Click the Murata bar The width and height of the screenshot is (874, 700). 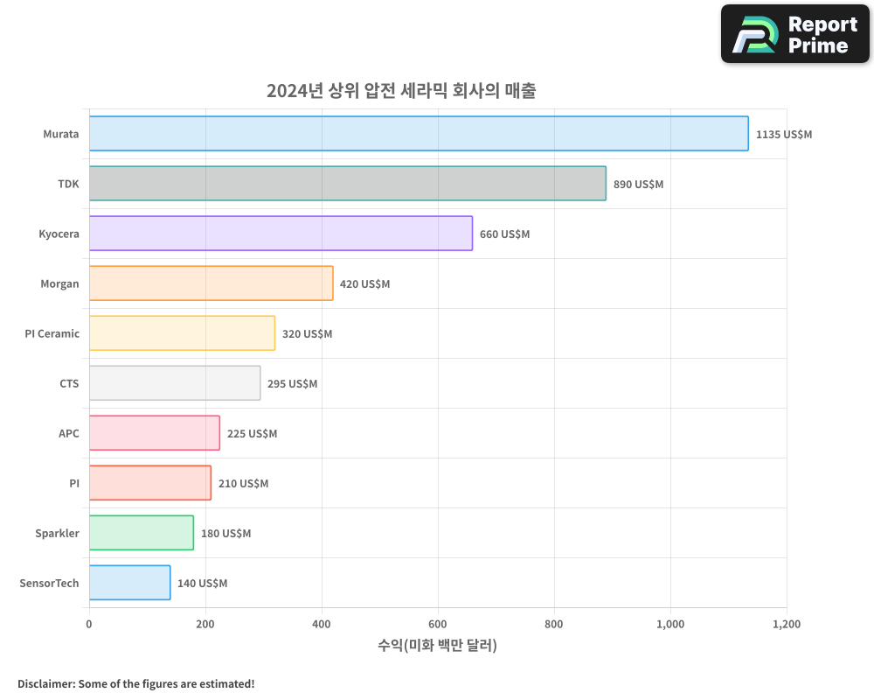[419, 134]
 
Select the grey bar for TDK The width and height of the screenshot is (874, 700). [347, 184]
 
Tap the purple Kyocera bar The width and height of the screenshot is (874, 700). [281, 234]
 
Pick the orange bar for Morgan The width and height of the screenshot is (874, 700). [211, 283]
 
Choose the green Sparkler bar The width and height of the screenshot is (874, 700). [141, 533]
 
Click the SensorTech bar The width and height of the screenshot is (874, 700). [129, 583]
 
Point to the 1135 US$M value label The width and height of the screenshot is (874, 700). [783, 135]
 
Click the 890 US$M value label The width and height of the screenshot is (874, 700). [638, 185]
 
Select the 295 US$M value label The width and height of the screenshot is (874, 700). [292, 384]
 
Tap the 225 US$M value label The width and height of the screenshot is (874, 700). [252, 434]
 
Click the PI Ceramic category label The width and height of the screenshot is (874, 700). [52, 333]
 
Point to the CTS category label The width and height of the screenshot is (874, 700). [69, 383]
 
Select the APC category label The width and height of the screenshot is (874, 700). [69, 433]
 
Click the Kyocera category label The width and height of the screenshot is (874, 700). [59, 234]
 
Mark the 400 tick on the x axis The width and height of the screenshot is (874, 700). [322, 625]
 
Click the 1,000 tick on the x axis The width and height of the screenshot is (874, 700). [670, 625]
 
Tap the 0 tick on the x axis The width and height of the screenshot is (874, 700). [89, 625]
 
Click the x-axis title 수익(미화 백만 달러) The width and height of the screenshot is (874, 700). [437, 646]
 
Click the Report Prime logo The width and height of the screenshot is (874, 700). [795, 34]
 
